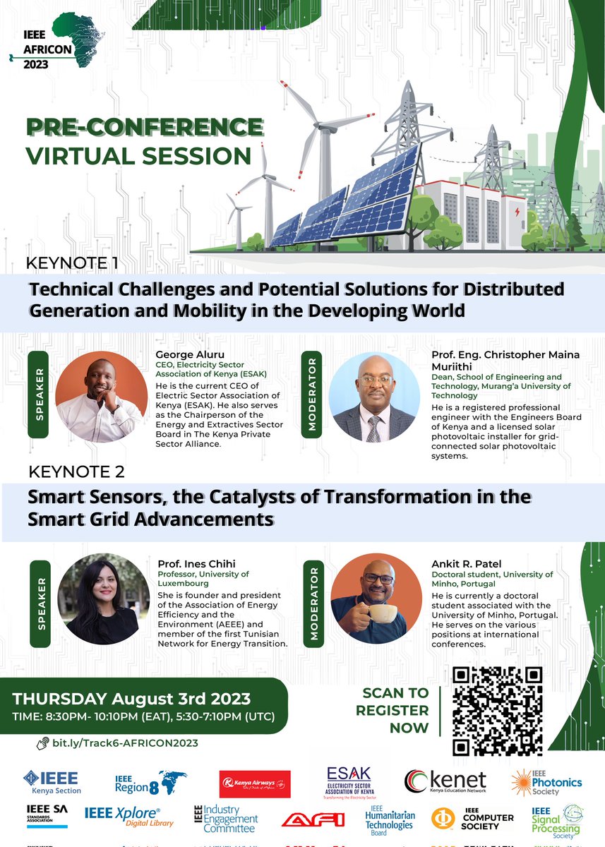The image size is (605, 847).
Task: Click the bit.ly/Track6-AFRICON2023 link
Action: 124,743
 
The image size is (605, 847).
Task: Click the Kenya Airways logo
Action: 255,783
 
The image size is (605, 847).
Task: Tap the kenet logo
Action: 445,781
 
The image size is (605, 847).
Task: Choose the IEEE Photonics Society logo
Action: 546,782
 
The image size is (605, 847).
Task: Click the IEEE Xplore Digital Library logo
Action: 122,817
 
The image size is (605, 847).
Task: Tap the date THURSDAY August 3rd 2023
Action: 132,699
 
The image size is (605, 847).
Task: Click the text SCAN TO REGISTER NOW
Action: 395,709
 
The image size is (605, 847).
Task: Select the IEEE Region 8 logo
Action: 151,782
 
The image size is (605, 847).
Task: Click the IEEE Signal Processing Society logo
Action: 556,821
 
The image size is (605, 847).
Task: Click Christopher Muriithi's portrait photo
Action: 374,397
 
